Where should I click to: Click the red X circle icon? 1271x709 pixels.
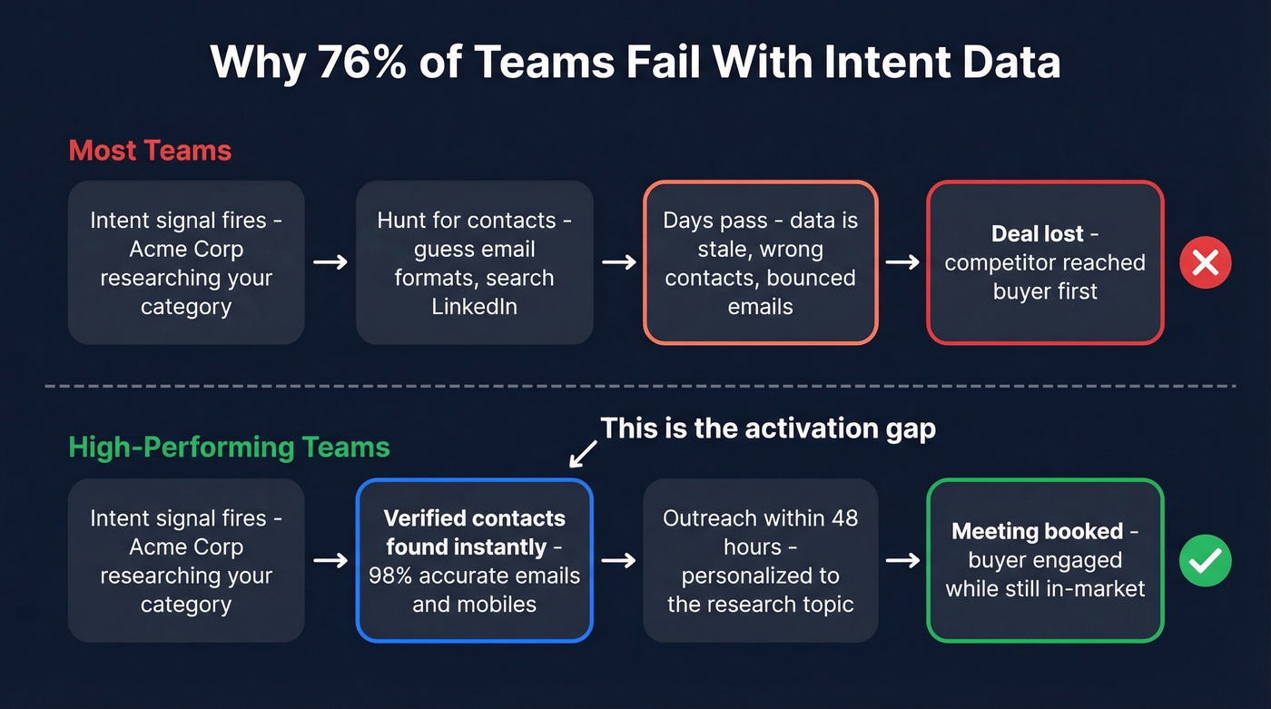pos(1205,263)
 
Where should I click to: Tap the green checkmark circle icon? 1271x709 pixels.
pos(1205,561)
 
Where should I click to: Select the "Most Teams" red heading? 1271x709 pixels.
pos(150,150)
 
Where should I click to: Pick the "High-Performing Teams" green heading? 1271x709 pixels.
pos(229,448)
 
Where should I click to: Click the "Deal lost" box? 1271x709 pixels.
pos(1045,262)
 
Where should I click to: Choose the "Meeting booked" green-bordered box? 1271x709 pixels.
pos(1045,560)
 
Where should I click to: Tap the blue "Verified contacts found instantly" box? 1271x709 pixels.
pos(474,560)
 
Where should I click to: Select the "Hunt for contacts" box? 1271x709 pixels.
pos(474,262)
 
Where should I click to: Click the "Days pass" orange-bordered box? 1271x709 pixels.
pos(760,262)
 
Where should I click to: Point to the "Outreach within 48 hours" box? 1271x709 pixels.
pos(760,560)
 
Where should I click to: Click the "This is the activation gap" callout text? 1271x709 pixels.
pos(768,428)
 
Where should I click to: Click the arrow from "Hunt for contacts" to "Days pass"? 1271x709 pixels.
pos(618,262)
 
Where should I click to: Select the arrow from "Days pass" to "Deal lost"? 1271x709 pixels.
pos(902,262)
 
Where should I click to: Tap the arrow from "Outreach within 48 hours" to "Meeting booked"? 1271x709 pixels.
pos(902,561)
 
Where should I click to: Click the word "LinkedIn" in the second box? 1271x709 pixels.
pos(474,307)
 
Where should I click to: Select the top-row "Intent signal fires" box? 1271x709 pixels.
pos(186,262)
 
